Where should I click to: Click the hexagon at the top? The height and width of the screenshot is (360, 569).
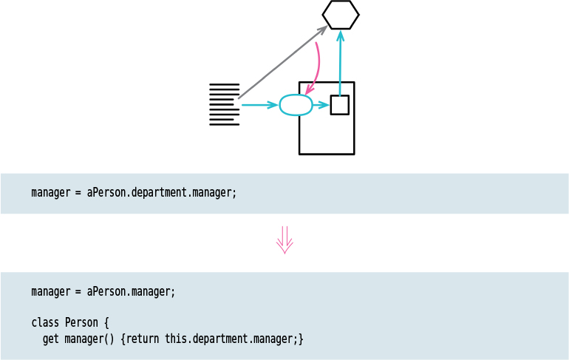[x=341, y=15]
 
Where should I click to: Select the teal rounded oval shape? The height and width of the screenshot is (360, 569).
[x=296, y=105]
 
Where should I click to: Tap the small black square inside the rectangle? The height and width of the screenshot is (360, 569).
[x=339, y=105]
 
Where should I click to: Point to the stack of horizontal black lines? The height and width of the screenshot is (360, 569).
[x=224, y=104]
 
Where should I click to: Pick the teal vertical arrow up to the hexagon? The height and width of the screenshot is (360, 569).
[x=340, y=63]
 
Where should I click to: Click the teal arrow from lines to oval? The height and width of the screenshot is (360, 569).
[x=259, y=105]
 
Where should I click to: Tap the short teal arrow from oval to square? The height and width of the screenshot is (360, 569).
[x=321, y=105]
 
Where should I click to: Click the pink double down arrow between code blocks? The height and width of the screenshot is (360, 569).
[x=284, y=240]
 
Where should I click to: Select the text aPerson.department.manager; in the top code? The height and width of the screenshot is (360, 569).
[x=161, y=193]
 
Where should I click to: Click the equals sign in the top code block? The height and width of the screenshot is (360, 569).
[x=78, y=193]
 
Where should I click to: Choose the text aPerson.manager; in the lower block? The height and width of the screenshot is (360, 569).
[x=131, y=291]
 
